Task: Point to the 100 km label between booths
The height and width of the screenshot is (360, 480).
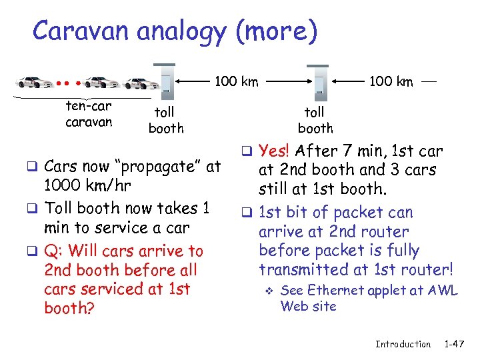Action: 236,82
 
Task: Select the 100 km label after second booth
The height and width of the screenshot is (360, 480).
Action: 391,82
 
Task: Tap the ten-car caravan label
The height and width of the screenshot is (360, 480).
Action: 89,114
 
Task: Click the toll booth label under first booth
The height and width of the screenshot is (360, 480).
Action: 165,121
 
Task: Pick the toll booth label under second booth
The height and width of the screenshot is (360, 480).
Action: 315,121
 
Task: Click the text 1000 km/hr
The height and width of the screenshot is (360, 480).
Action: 87,185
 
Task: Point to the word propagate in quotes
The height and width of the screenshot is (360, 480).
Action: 164,166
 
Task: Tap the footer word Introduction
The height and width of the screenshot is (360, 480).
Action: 403,344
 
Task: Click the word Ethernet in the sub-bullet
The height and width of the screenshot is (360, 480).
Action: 331,291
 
